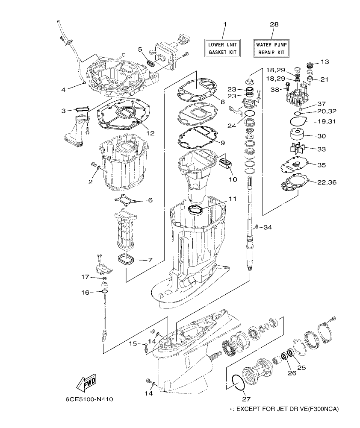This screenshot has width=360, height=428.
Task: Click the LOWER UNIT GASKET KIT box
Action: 222,48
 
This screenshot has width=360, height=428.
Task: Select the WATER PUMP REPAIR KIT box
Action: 272,48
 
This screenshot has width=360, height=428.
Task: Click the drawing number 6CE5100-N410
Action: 89,400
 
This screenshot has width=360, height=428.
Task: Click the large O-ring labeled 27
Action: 233,382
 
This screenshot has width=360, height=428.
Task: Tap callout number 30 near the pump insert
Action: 321,136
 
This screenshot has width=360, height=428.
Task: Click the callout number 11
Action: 232,199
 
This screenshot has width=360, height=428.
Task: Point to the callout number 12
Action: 150,133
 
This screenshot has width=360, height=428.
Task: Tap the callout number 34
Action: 267,227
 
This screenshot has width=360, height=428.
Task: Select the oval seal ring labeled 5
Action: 151,64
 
